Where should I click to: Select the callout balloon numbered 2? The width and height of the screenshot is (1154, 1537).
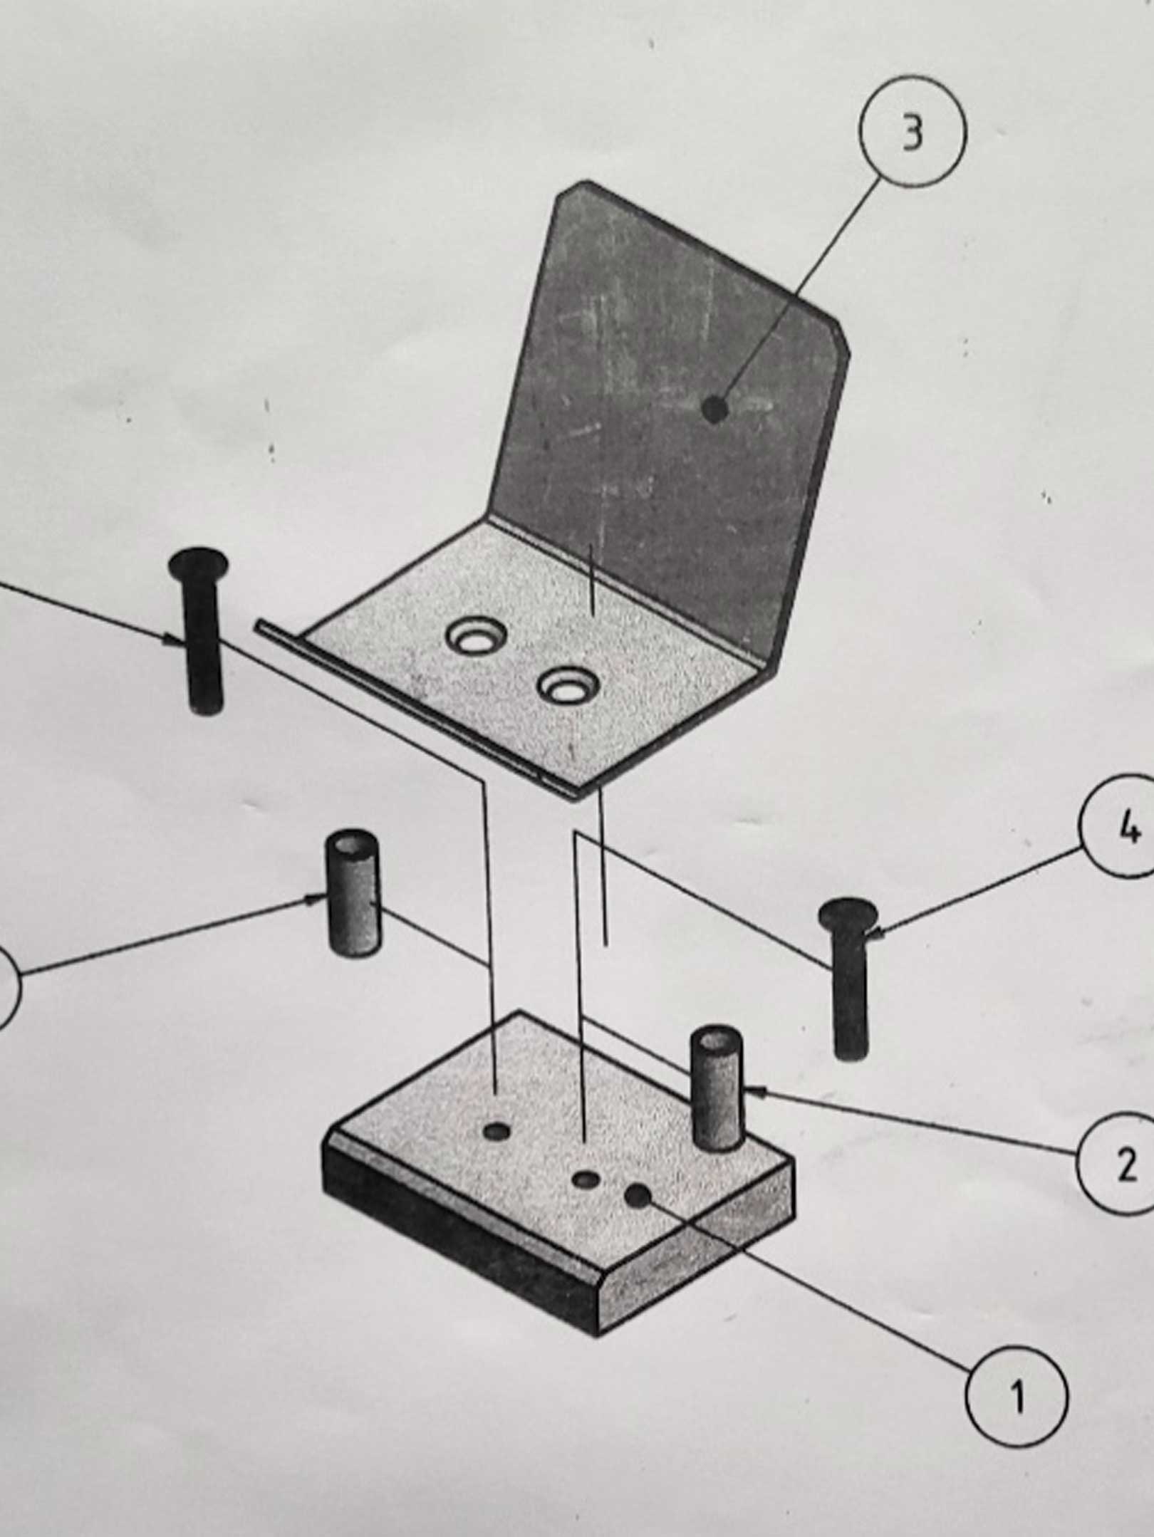[1116, 1167]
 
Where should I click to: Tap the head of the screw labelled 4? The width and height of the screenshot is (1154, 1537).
[847, 915]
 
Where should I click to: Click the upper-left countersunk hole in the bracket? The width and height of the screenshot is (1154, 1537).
[476, 637]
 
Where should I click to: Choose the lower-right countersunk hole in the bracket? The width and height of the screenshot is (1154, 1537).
[568, 687]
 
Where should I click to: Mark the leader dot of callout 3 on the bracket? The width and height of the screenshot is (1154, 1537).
[714, 410]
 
